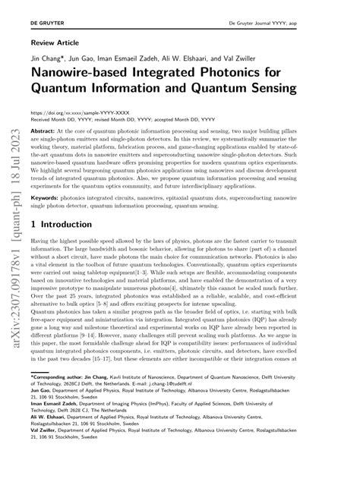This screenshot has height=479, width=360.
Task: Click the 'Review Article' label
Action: pos(52,43)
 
